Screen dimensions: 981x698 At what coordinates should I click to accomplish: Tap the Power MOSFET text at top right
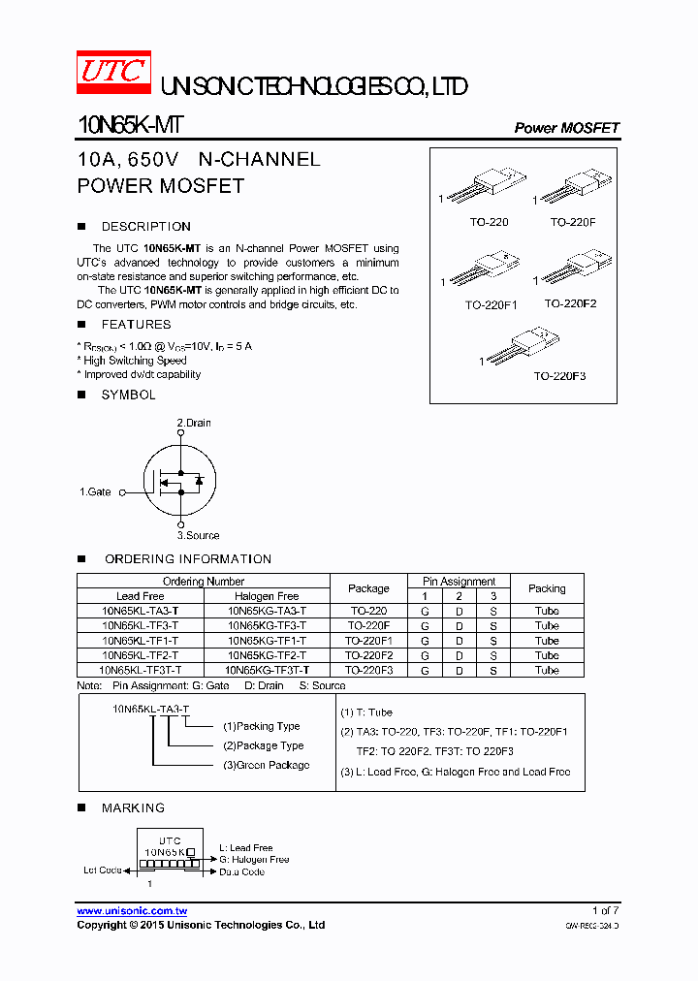pyautogui.click(x=566, y=128)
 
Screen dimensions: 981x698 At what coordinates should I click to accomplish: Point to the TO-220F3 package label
pyautogui.click(x=559, y=376)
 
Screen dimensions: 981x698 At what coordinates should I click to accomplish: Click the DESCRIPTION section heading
pyautogui.click(x=145, y=227)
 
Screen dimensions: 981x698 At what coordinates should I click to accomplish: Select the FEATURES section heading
pyautogui.click(x=136, y=325)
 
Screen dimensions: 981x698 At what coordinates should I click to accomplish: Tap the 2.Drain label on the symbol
pyautogui.click(x=193, y=423)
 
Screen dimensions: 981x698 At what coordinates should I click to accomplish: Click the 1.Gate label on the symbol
pyautogui.click(x=95, y=492)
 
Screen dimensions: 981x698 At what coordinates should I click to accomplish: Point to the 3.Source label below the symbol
pyautogui.click(x=198, y=535)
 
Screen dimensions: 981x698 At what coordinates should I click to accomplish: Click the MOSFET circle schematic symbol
pyautogui.click(x=180, y=479)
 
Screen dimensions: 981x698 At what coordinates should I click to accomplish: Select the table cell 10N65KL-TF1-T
pyautogui.click(x=140, y=641)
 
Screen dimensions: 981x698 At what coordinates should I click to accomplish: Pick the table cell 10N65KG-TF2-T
pyautogui.click(x=267, y=655)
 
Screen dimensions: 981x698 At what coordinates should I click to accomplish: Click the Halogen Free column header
pyautogui.click(x=267, y=596)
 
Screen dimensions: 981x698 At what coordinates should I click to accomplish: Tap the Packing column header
pyautogui.click(x=547, y=588)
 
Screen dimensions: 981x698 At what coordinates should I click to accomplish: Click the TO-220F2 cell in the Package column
pyautogui.click(x=368, y=655)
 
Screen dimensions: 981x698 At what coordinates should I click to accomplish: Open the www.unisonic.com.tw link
pyautogui.click(x=132, y=911)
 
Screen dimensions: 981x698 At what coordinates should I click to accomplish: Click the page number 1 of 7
pyautogui.click(x=605, y=911)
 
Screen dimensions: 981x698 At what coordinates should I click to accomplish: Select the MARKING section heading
pyautogui.click(x=133, y=807)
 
